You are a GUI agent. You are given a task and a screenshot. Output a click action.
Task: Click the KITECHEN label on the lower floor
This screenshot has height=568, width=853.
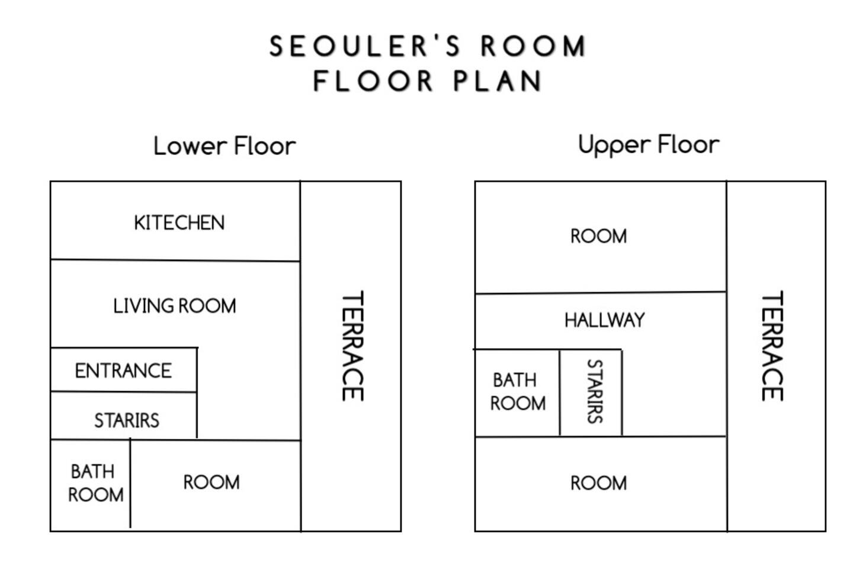click(179, 223)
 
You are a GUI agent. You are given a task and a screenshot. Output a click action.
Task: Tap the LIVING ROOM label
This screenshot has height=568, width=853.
click(175, 306)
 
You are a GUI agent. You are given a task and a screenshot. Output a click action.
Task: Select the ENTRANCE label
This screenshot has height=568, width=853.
click(123, 371)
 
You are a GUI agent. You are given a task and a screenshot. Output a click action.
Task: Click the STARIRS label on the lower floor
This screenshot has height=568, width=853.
click(127, 421)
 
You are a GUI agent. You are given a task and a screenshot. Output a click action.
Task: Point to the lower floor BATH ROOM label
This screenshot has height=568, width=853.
click(96, 483)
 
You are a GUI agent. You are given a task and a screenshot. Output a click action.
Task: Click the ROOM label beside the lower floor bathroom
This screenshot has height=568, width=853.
click(211, 482)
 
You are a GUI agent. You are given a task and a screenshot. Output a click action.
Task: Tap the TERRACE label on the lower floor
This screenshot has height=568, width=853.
click(352, 346)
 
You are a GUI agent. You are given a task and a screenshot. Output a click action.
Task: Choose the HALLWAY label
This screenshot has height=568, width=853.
click(605, 320)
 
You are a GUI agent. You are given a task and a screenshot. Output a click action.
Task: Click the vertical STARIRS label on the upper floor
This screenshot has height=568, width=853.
click(595, 392)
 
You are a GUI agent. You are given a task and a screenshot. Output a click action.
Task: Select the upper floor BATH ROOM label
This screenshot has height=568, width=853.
click(518, 392)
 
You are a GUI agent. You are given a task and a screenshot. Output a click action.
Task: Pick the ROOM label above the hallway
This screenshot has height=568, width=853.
click(599, 236)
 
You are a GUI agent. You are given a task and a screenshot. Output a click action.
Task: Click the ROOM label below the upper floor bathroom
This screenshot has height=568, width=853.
click(599, 483)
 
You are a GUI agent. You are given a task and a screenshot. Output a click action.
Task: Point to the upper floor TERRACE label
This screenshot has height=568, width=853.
click(772, 346)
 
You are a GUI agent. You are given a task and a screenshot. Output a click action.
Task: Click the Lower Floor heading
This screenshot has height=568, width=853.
click(225, 146)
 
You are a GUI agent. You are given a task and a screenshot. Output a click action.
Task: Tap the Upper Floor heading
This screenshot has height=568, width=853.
click(649, 145)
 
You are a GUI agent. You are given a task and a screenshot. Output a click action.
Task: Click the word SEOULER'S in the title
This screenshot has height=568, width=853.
click(365, 46)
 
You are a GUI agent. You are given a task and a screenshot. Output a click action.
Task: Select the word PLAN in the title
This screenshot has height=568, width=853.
click(498, 80)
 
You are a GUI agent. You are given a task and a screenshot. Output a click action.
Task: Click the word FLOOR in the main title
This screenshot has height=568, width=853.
click(373, 80)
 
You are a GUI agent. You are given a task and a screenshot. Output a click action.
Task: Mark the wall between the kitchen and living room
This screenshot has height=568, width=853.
click(175, 260)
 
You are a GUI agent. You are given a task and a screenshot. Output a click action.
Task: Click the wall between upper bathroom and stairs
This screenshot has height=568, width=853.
click(560, 393)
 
